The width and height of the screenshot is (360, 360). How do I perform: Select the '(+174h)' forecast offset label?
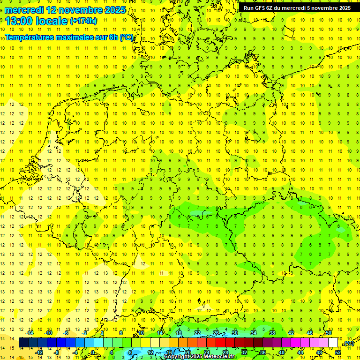[83, 21]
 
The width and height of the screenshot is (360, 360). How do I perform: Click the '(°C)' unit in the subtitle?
[127, 37]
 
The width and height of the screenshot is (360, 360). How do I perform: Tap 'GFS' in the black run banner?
[260, 8]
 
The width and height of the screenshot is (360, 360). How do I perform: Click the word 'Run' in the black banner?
[249, 8]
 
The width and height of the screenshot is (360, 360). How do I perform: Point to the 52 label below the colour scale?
[338, 352]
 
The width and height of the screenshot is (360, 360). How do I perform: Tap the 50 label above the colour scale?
[329, 333]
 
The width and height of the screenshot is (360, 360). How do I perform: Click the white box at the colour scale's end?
[333, 343]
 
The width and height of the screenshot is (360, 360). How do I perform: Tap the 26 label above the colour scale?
[216, 333]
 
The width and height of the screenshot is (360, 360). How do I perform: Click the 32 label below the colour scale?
[244, 352]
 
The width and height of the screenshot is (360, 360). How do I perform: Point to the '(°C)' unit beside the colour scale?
[348, 343]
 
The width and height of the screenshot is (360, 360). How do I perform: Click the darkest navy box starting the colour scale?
[23, 343]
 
